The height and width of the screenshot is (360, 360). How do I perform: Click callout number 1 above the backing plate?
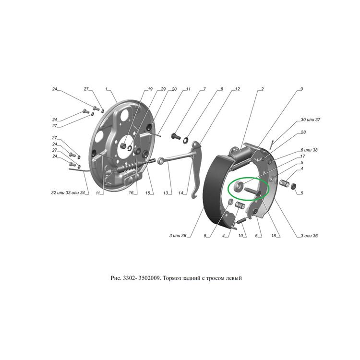pos(106,89)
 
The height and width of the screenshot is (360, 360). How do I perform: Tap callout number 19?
pos(150,89)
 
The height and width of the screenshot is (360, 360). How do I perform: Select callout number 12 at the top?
pos(238,89)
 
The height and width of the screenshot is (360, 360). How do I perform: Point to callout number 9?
pos(302,89)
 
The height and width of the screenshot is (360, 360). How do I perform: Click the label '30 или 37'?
pos(310,120)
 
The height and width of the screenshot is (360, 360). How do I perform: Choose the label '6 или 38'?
pos(309,150)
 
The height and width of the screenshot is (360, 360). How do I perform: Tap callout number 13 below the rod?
pos(166,193)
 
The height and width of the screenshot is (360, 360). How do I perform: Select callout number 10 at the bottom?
pos(240,236)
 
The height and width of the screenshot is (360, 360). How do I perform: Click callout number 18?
pos(274,236)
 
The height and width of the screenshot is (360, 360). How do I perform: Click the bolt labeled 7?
pos(175,136)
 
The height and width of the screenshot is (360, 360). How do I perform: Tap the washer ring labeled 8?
pos(186,140)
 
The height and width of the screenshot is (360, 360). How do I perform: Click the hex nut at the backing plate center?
pos(123,145)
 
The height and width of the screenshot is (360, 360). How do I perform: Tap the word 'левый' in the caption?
pos(234,278)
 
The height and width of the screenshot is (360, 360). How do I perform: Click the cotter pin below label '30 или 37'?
pos(272,144)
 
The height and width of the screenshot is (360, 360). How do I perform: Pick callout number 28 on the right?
pos(303,132)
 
